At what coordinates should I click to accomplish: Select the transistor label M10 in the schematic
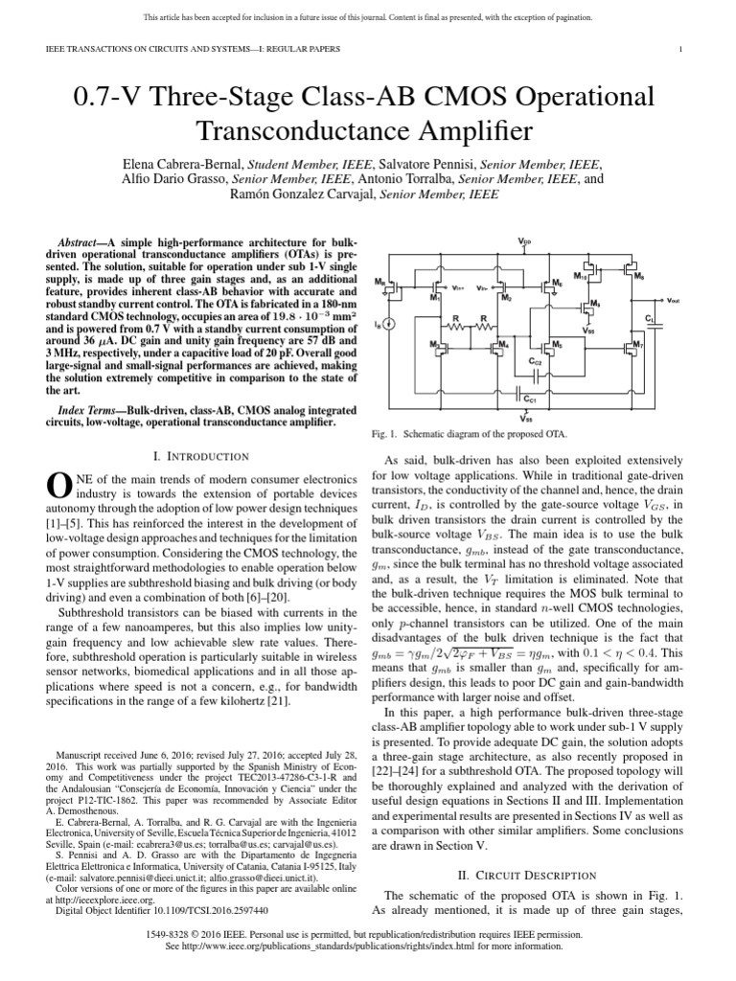pos(580,277)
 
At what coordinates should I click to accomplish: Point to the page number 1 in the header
pos(679,49)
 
